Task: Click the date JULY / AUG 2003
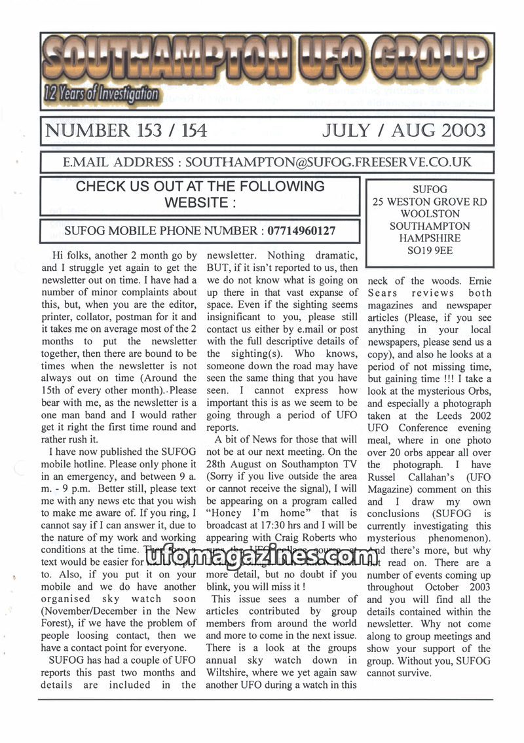tap(403, 131)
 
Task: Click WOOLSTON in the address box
tap(430, 213)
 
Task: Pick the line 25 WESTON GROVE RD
tap(430, 202)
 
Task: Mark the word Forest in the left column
tap(57, 623)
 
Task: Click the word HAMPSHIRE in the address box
tap(430, 238)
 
